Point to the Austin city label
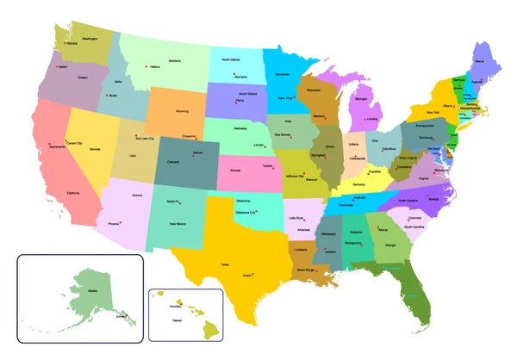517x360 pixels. tap(247, 276)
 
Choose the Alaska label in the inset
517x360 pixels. tap(87, 291)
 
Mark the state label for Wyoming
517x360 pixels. tap(182, 111)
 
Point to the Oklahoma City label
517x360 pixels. tap(246, 213)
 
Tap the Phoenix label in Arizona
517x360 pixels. tap(115, 224)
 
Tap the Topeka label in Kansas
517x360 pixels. tap(268, 163)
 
